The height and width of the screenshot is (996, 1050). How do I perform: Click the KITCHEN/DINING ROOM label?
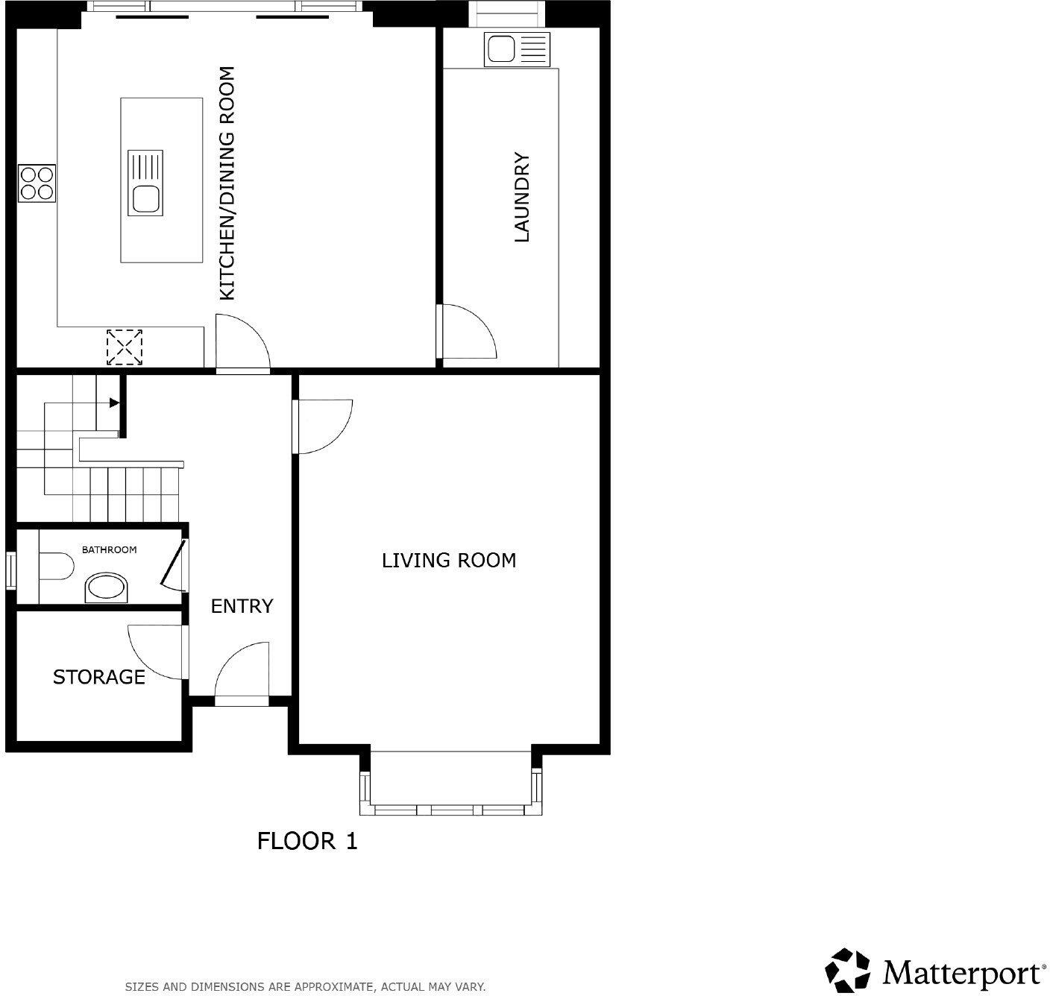227,183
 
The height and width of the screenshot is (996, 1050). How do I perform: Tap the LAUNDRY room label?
522,198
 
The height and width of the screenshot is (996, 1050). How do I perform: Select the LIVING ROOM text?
449,560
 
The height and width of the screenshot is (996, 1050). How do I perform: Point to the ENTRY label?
242,606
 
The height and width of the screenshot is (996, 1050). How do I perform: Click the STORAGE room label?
98,677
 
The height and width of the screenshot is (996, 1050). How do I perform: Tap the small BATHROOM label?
109,549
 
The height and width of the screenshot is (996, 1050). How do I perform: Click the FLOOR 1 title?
307,841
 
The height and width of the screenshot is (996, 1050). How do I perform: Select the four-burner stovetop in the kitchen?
37,183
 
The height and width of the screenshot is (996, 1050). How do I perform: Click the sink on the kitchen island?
145,199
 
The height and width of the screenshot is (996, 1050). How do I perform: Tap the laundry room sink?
498,50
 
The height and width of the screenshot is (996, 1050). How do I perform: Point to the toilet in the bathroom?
54,565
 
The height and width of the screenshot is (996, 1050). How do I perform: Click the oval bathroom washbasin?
107,588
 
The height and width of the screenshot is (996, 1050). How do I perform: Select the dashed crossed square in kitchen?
125,347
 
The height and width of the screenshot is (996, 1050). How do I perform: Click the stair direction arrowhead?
114,403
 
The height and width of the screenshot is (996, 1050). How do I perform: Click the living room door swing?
322,425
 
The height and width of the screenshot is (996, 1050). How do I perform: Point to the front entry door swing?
242,669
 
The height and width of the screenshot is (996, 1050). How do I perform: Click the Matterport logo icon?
849,971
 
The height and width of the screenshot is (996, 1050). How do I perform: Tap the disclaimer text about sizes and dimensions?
305,986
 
